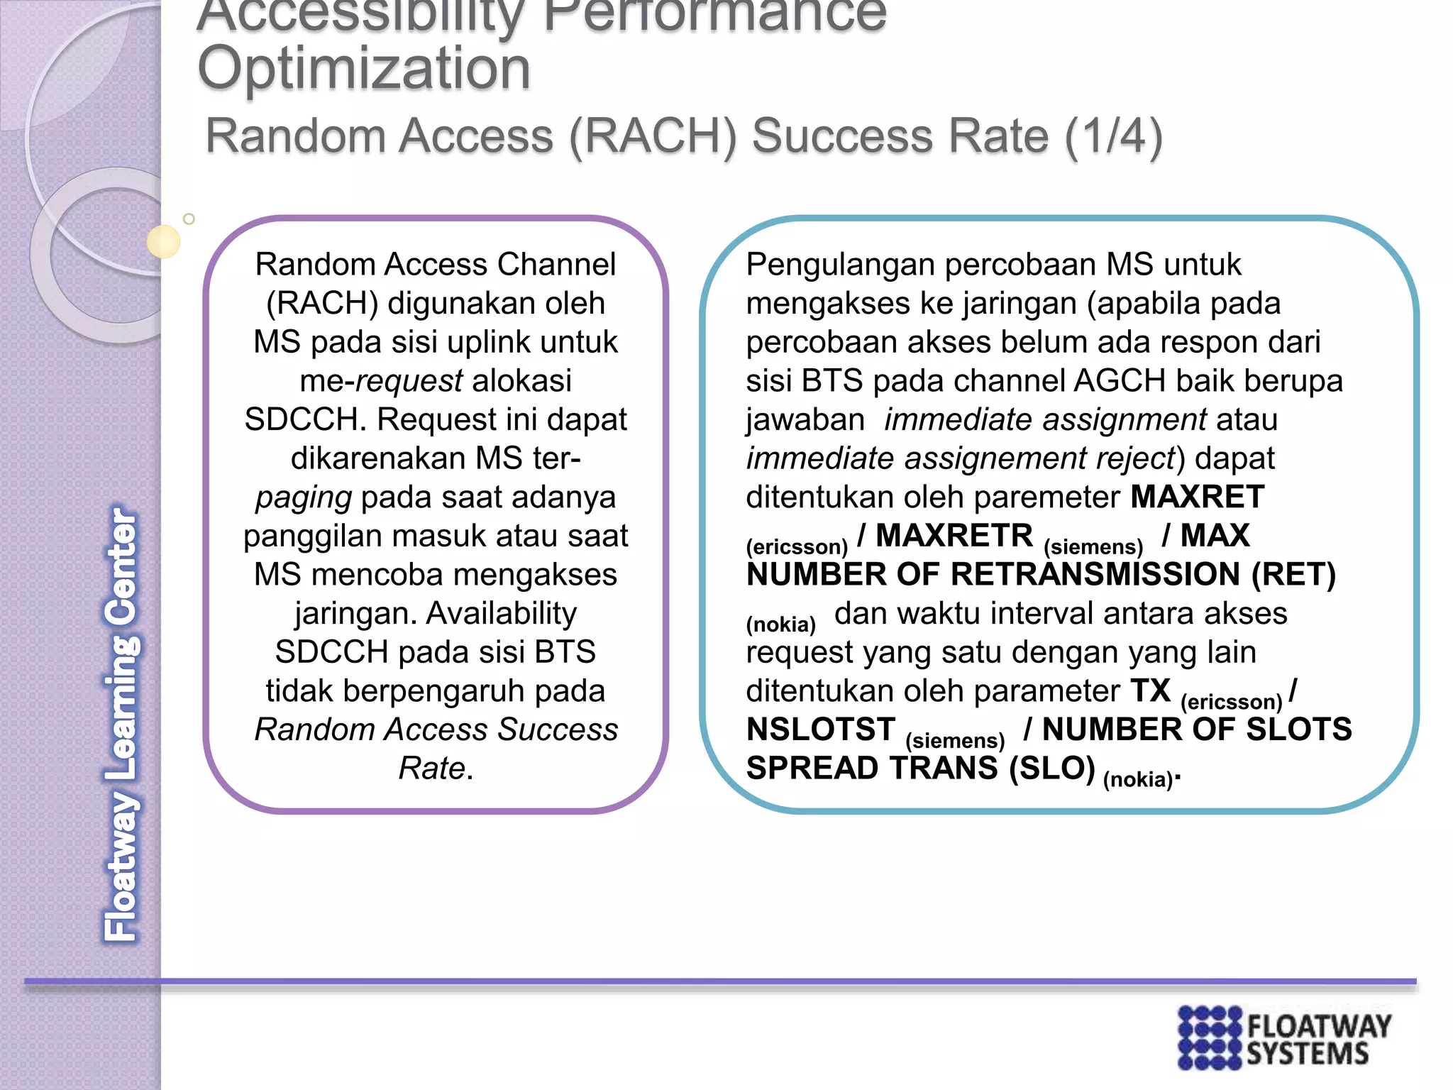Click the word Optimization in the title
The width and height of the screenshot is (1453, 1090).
(364, 69)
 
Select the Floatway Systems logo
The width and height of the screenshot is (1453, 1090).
(1284, 1037)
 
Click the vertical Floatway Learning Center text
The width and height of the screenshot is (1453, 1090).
(121, 724)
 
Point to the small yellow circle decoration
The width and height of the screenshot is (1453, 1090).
(163, 241)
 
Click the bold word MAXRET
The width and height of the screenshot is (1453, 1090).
(1197, 497)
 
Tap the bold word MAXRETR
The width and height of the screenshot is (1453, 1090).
(954, 536)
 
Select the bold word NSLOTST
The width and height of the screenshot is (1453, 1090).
(821, 730)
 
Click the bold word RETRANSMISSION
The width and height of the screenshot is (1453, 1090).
(1095, 575)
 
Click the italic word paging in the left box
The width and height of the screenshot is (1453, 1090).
(304, 497)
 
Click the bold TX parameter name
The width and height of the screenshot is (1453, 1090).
(1150, 690)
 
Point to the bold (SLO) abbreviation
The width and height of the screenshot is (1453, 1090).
(1052, 769)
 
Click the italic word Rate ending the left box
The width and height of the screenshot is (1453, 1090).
(431, 769)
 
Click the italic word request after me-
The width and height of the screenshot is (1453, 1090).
(409, 381)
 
